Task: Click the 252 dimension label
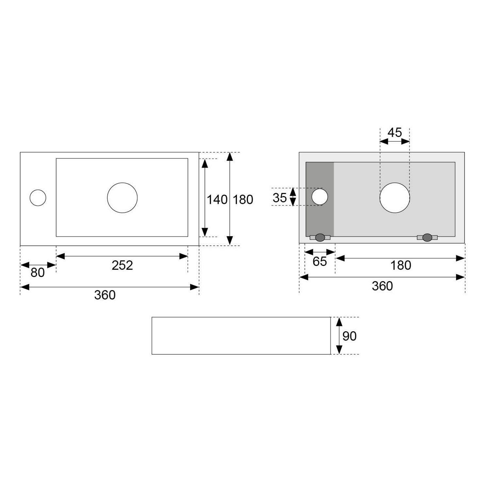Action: pyautogui.click(x=122, y=265)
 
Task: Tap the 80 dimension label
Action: pyautogui.click(x=38, y=272)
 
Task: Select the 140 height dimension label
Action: pyautogui.click(x=217, y=200)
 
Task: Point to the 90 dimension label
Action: pyautogui.click(x=349, y=336)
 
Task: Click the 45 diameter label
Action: pyautogui.click(x=395, y=133)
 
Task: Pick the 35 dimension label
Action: pyautogui.click(x=280, y=198)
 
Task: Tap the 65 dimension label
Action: pyautogui.click(x=319, y=261)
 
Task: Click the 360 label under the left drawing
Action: pyautogui.click(x=105, y=295)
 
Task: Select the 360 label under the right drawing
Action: pyautogui.click(x=382, y=286)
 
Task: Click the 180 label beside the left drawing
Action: pyautogui.click(x=243, y=200)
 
